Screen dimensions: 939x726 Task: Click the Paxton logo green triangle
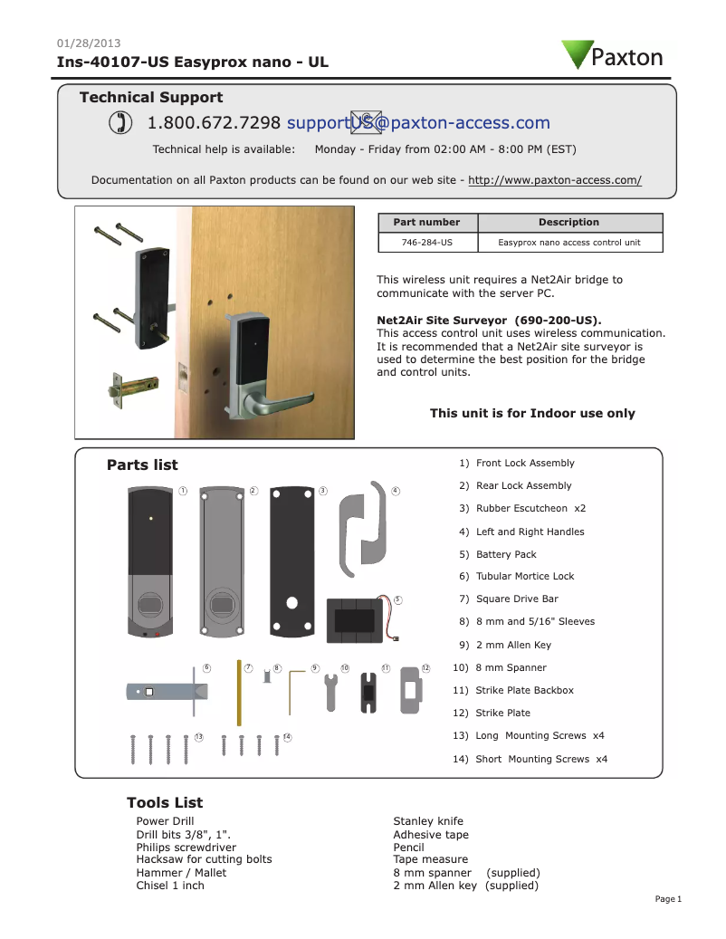[576, 53]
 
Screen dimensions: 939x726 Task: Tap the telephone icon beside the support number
[118, 123]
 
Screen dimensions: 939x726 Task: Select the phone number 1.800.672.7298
[214, 123]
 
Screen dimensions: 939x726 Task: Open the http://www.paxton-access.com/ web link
[555, 180]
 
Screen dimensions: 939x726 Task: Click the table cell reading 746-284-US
[427, 243]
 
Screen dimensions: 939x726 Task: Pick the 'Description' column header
[568, 222]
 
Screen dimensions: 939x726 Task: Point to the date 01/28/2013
[89, 43]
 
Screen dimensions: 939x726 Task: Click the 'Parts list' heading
[142, 465]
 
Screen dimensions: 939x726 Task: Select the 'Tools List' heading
[165, 802]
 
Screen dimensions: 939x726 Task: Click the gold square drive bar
[238, 693]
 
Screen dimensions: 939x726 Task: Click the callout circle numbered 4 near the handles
[396, 491]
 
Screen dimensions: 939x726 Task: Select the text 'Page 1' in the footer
[667, 898]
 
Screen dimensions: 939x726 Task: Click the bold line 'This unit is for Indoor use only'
[532, 413]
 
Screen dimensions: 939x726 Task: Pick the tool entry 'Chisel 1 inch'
[170, 885]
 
